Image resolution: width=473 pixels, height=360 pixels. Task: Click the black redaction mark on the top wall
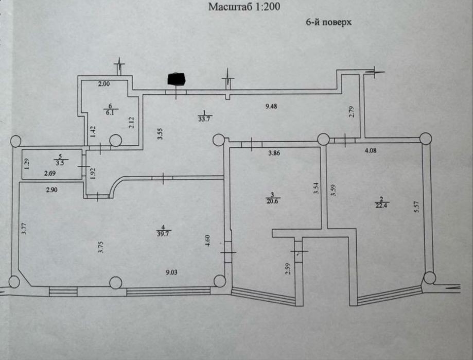(176, 78)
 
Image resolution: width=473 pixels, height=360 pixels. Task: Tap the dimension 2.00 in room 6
(105, 83)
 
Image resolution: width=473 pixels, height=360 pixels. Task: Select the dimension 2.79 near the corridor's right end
(351, 111)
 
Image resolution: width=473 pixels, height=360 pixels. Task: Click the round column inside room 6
(115, 140)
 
